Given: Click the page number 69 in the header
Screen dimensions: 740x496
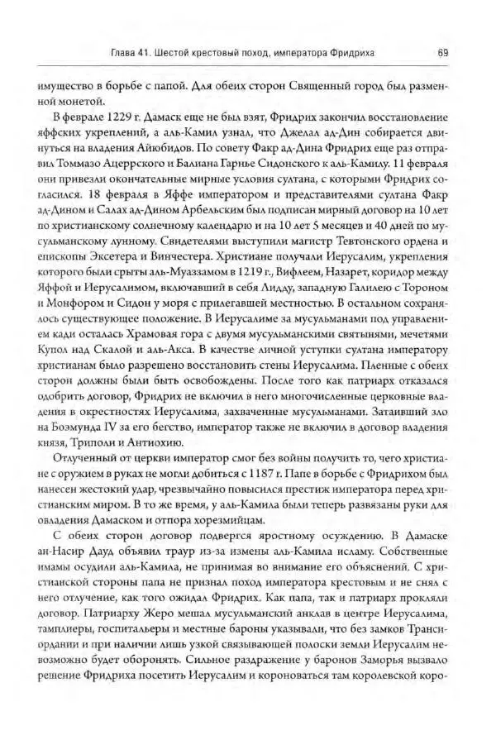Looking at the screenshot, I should [x=443, y=54].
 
